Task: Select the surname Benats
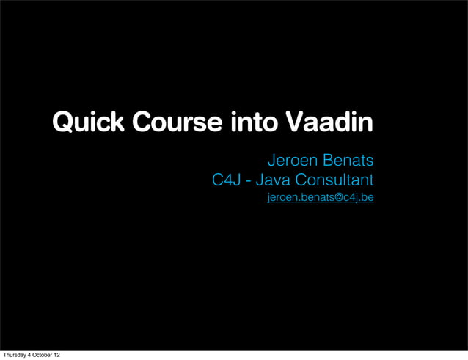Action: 347,160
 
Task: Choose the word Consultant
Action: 334,180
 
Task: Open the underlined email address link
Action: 321,198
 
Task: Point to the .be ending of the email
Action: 366,198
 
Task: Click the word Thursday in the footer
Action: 15,355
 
